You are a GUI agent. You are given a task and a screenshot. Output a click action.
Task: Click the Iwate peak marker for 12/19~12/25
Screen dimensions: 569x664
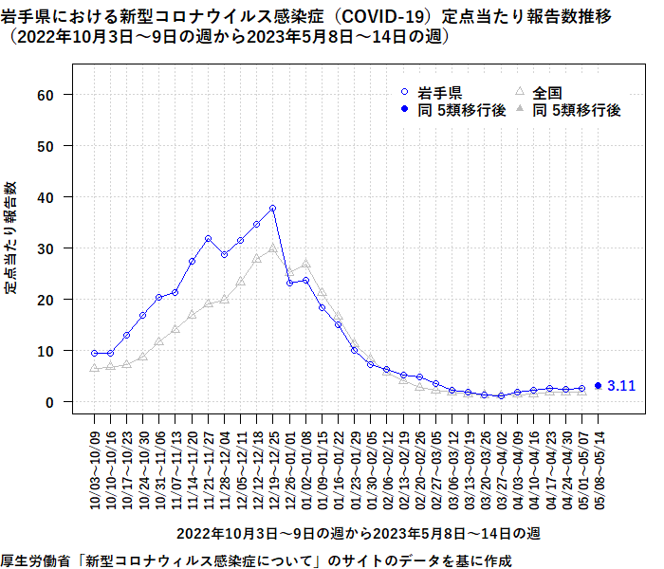point(272,209)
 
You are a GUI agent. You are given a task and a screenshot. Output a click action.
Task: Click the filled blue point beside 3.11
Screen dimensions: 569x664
point(598,386)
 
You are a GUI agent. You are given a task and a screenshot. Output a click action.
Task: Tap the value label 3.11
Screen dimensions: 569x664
point(622,386)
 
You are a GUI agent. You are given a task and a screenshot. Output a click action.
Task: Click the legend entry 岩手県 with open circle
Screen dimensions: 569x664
point(432,92)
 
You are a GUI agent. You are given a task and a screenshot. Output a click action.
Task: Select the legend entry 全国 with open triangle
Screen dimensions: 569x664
point(541,92)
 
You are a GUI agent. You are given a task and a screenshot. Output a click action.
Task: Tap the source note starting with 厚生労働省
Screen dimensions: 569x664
point(256,559)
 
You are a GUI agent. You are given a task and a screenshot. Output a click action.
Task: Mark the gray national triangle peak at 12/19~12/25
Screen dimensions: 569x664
point(272,248)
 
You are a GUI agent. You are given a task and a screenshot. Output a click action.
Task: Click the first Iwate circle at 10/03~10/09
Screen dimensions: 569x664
point(95,353)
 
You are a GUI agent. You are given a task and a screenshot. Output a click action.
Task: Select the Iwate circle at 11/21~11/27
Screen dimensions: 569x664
point(208,239)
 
